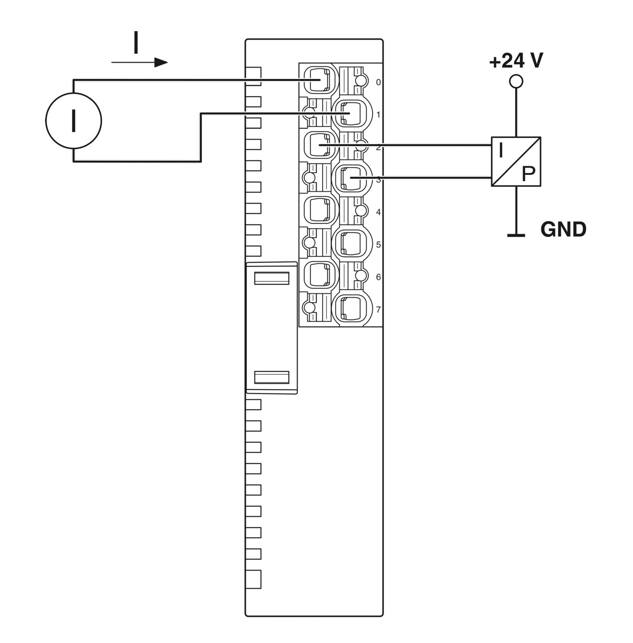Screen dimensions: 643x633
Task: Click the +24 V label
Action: point(516,61)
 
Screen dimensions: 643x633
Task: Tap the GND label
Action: point(563,230)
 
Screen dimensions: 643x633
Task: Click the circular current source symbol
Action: point(73,121)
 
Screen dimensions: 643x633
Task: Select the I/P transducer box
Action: point(516,162)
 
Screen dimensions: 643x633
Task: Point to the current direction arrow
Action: point(139,63)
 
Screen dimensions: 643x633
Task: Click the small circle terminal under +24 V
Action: point(516,81)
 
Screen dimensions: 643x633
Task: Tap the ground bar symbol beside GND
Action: point(516,235)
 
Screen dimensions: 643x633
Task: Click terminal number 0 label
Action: point(378,82)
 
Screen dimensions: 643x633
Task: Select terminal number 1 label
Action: point(378,115)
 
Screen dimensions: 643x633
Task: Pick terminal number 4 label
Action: point(378,212)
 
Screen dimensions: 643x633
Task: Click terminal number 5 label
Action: point(378,245)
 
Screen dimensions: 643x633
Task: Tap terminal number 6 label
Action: point(378,277)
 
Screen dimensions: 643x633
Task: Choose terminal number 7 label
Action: point(378,309)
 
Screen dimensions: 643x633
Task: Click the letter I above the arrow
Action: point(136,42)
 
